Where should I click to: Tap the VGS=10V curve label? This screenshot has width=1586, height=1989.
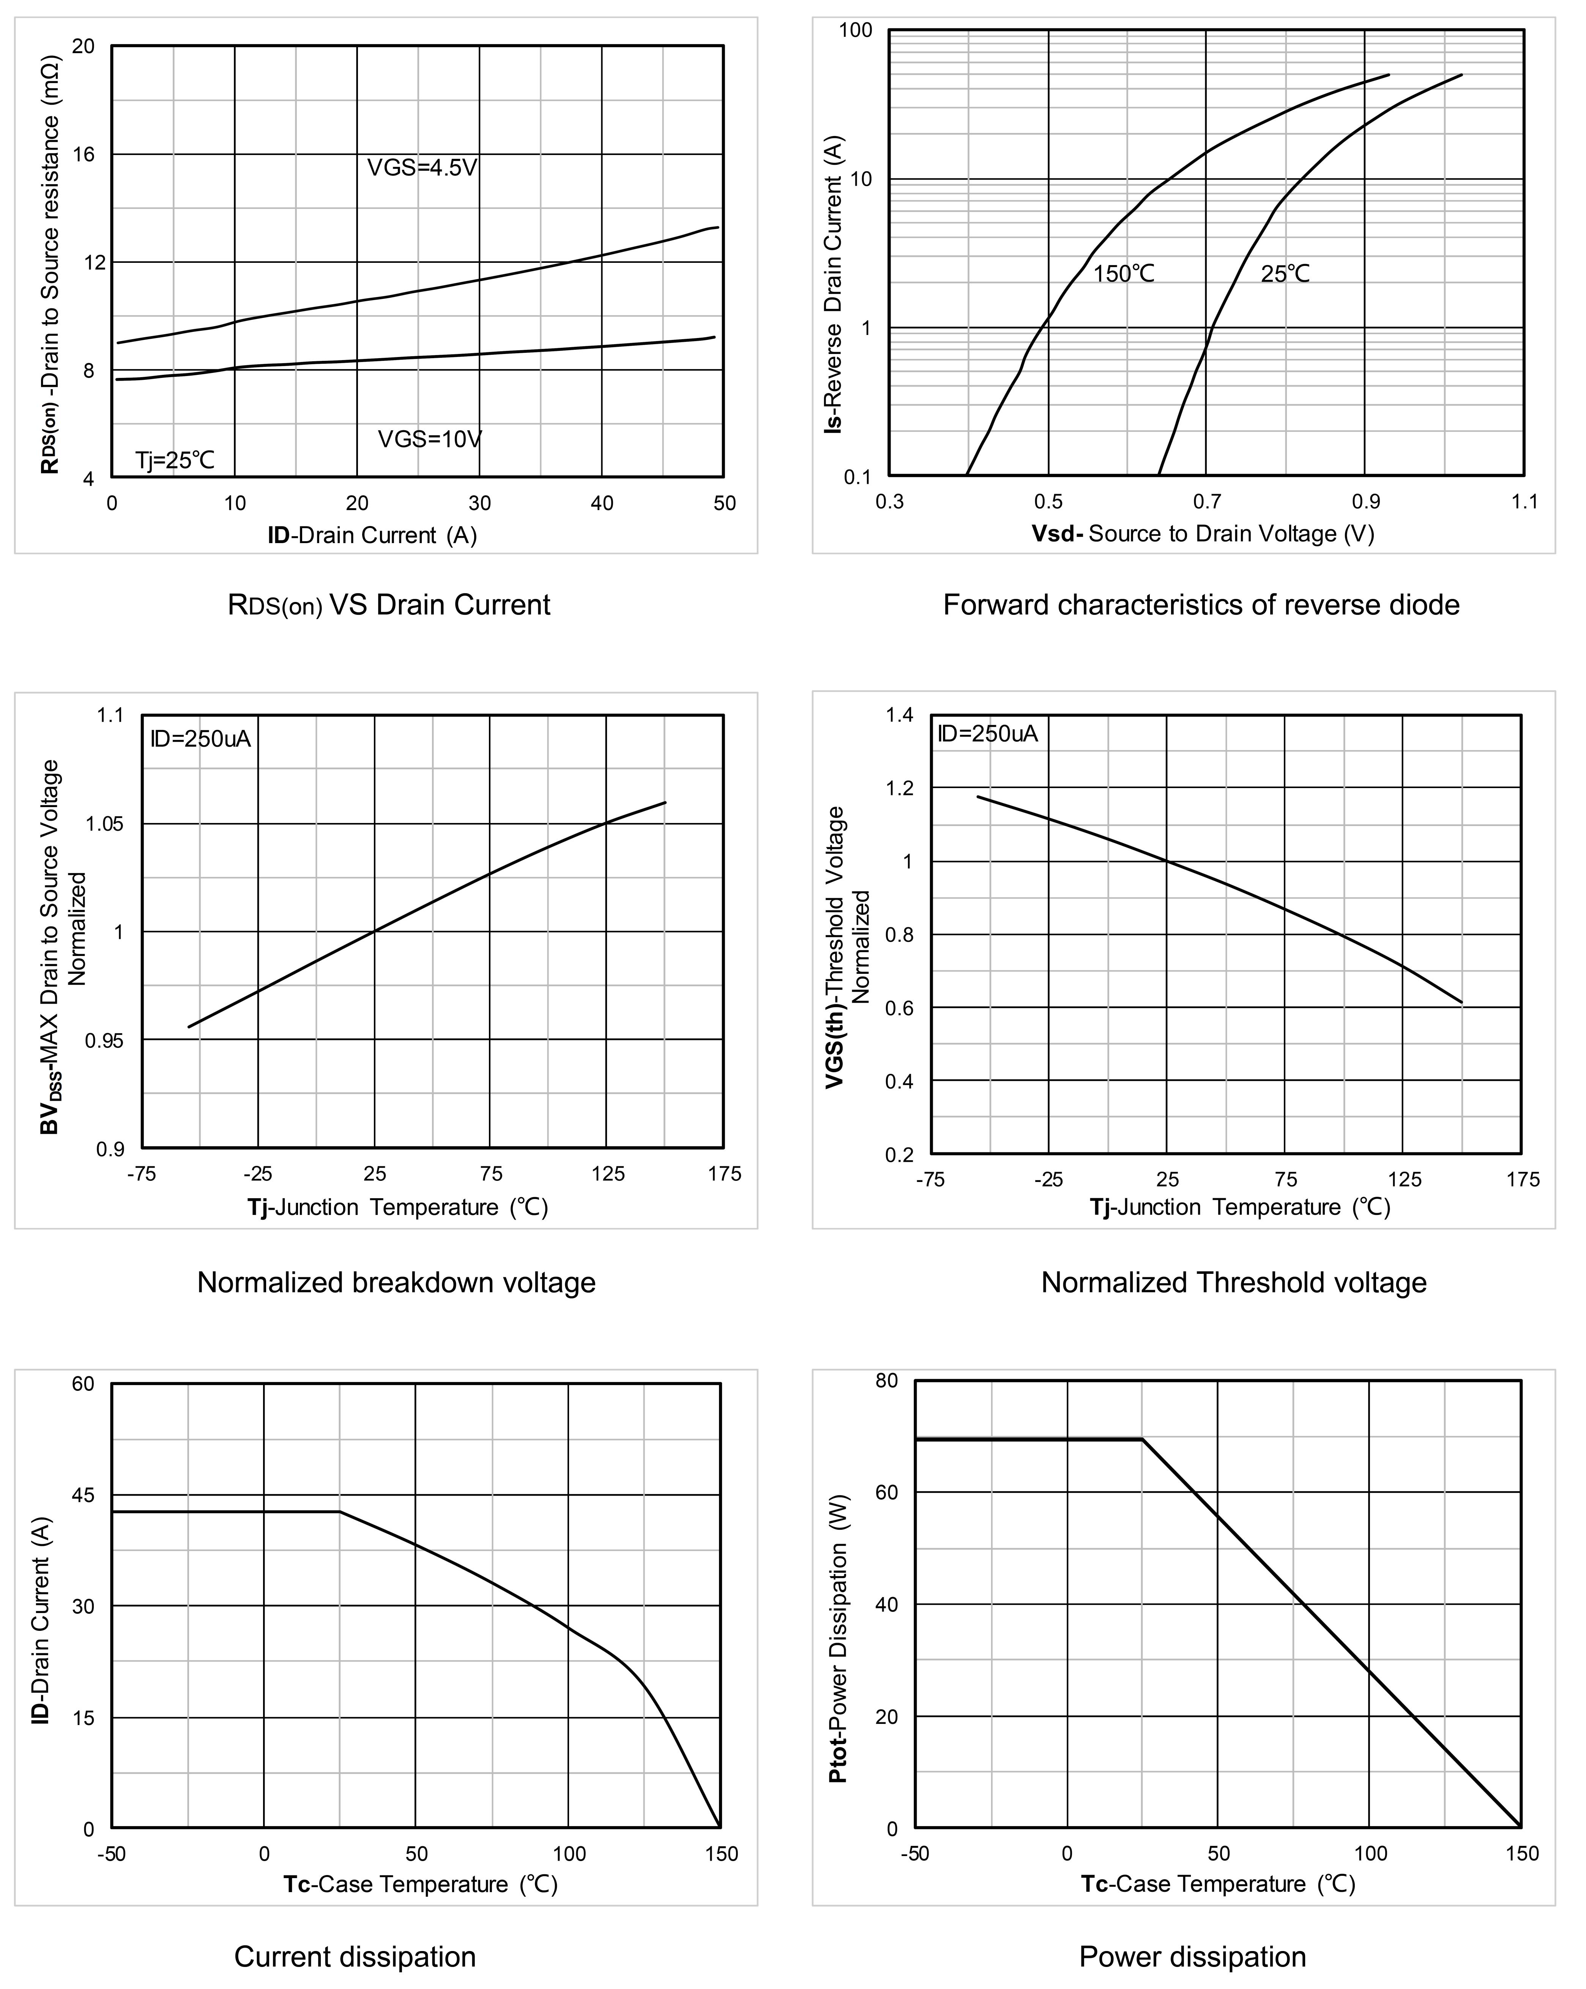coord(430,439)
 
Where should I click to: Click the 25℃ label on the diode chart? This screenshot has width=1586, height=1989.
coord(1285,274)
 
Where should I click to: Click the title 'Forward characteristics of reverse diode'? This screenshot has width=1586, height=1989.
coord(1201,605)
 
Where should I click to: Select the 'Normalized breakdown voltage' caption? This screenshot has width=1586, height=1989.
coord(396,1282)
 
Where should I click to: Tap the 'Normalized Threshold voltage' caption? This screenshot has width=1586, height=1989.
coord(1234,1282)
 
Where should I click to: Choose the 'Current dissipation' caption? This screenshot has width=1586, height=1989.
coord(355,1957)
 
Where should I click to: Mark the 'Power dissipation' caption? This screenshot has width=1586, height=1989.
coord(1192,1957)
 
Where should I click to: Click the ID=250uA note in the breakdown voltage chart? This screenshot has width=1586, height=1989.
coord(200,739)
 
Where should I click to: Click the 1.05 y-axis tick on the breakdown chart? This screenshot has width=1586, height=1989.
coord(104,824)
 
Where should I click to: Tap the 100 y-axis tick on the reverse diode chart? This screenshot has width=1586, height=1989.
coord(855,30)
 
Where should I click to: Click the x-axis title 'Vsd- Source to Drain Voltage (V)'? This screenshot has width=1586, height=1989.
coord(1203,534)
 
